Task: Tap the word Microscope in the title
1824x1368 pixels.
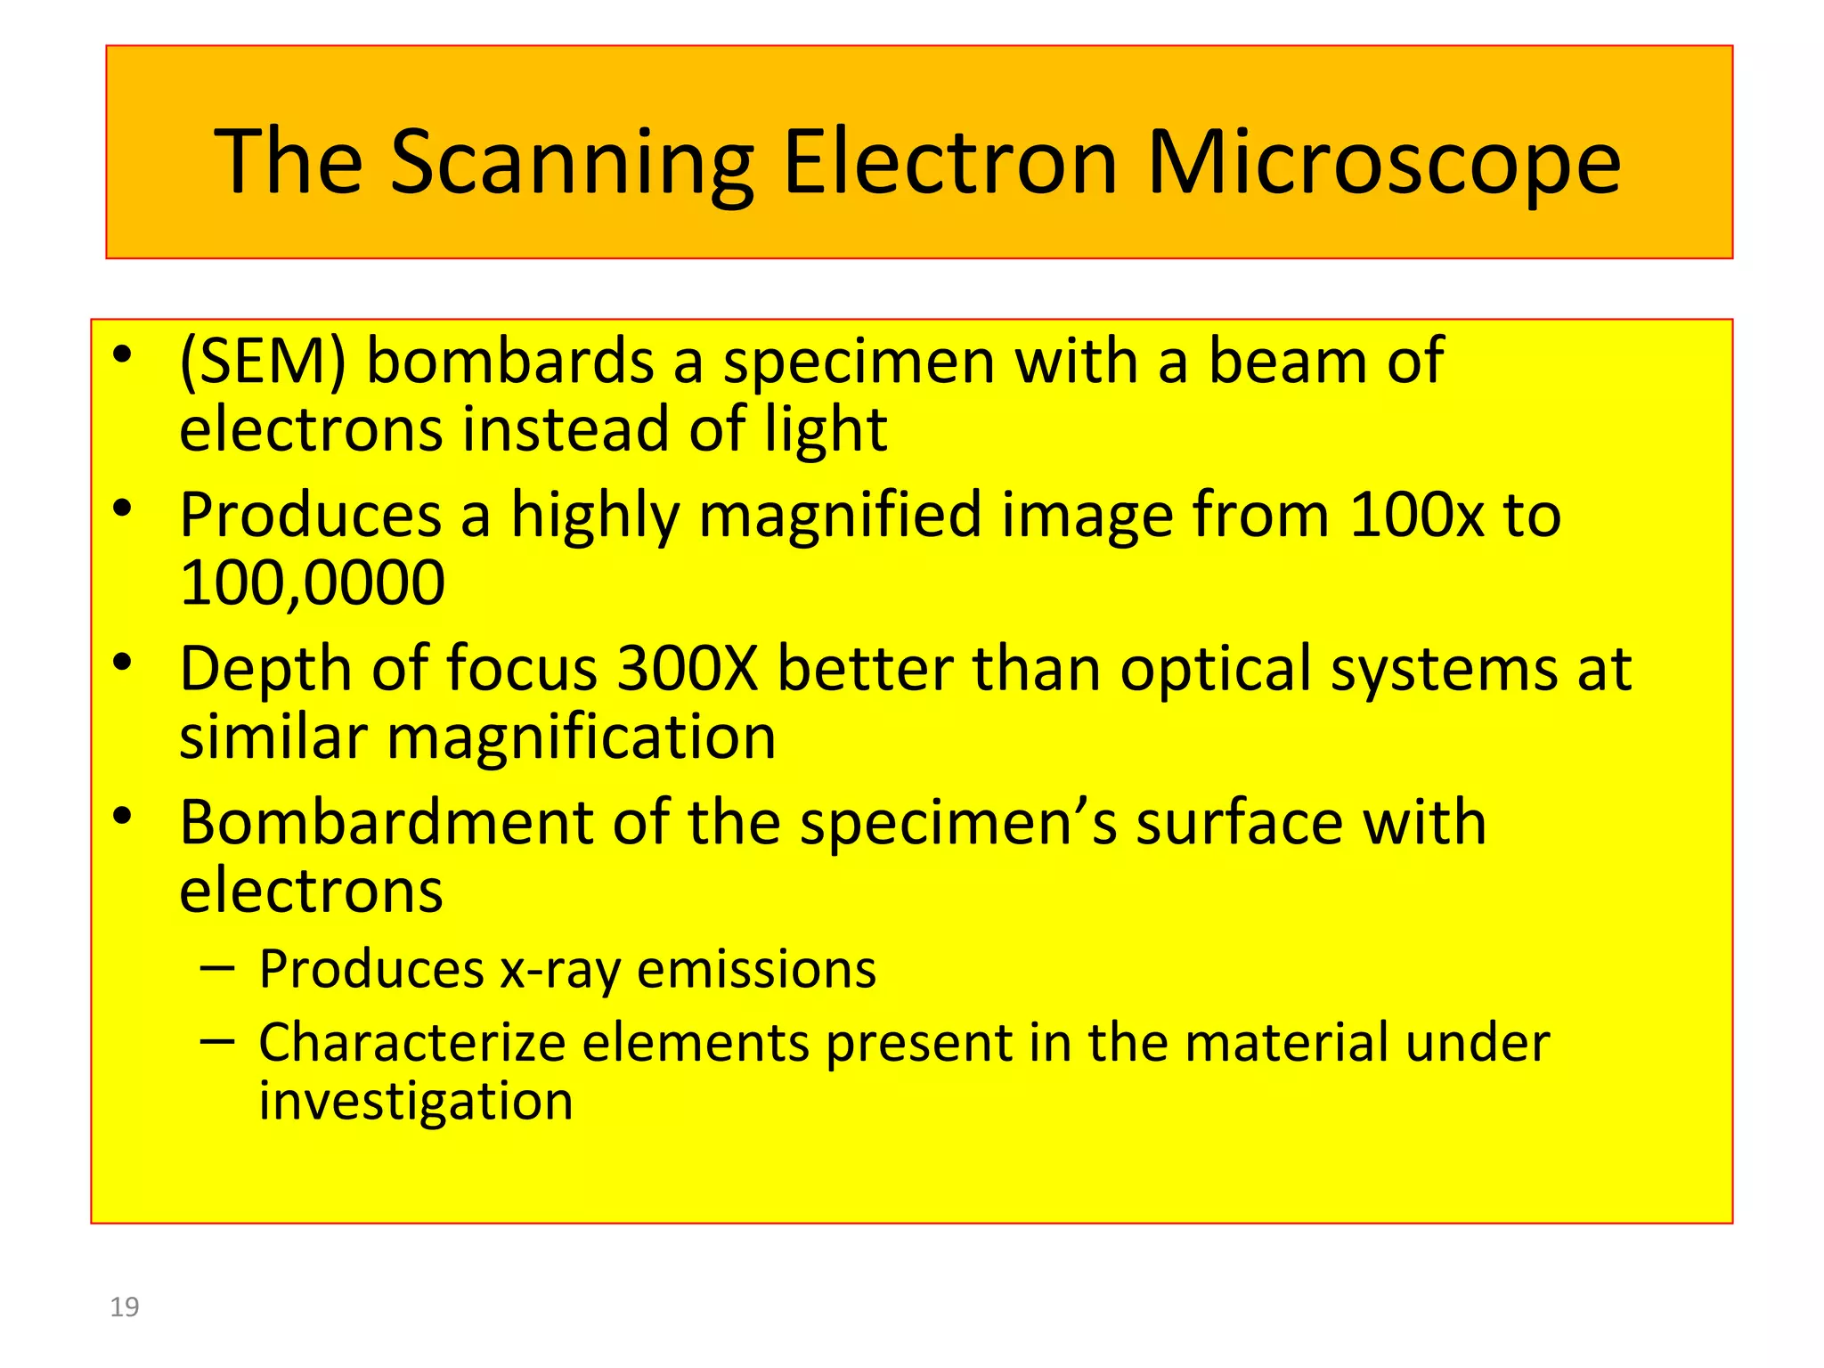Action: coord(1384,163)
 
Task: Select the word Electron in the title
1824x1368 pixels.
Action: coord(949,163)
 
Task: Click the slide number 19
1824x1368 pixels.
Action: coord(125,1307)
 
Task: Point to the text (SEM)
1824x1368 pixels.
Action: coord(262,362)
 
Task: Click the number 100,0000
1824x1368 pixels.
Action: coord(312,583)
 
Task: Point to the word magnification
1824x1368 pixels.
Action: coord(581,737)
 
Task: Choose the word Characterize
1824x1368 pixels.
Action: coord(411,1043)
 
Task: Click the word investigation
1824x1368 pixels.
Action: coord(416,1102)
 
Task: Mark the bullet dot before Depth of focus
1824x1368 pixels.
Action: coord(123,663)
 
